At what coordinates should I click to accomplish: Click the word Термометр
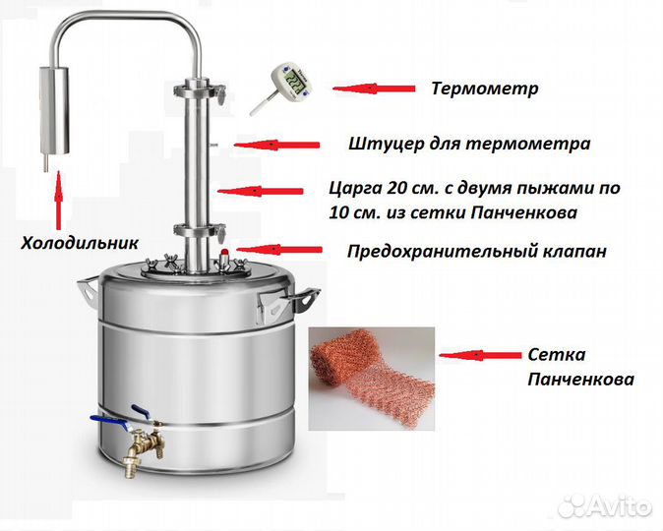pos(485,88)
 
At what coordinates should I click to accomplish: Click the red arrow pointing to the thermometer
pos(374,88)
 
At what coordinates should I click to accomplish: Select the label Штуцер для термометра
pos(469,144)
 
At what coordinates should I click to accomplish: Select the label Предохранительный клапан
pos(476,251)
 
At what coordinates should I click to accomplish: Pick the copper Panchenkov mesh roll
pos(368,378)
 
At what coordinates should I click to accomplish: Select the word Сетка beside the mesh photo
pos(556,354)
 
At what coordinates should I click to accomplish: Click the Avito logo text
pos(615,506)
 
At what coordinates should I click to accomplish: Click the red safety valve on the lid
pos(222,258)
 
